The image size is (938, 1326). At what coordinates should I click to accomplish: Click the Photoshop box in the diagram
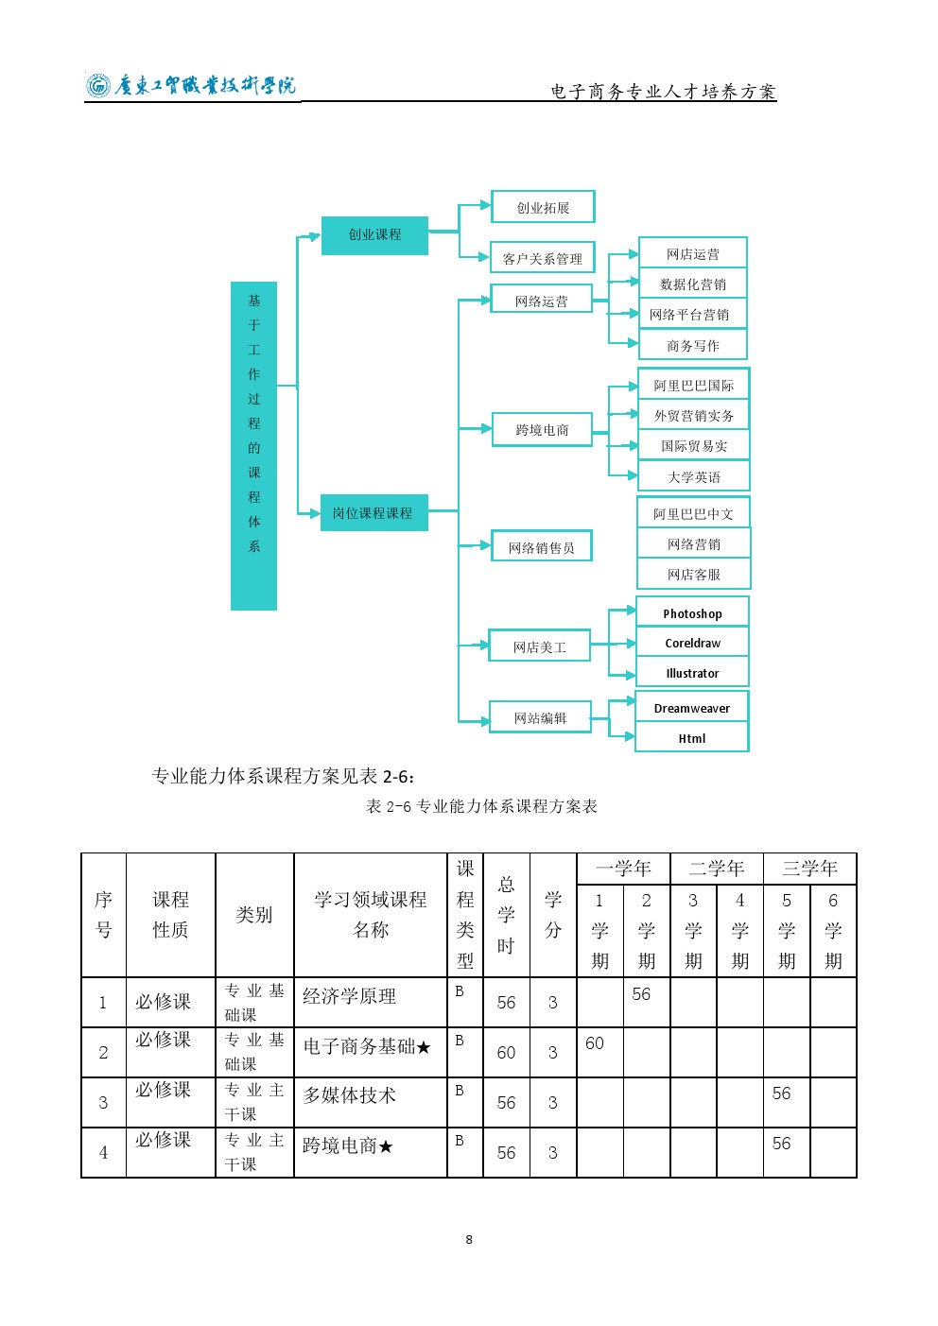click(692, 611)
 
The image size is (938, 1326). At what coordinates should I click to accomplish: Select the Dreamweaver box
click(691, 706)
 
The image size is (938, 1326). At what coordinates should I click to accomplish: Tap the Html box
click(691, 737)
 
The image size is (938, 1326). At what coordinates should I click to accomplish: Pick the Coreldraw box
click(692, 642)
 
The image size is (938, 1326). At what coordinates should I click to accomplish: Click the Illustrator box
click(692, 672)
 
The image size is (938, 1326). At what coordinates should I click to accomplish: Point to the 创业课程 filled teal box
click(374, 235)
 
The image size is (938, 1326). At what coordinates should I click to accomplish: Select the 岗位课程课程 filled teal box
click(373, 512)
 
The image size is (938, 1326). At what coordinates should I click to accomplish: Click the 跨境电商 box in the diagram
click(542, 429)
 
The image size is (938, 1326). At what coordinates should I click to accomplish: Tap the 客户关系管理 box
click(543, 257)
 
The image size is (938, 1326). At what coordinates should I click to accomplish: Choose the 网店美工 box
click(540, 646)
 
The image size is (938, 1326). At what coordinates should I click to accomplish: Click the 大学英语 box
click(693, 476)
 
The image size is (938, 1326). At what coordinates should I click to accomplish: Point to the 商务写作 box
click(693, 345)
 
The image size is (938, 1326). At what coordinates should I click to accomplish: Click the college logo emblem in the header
click(98, 86)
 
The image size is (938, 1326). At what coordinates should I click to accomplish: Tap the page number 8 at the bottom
click(469, 1240)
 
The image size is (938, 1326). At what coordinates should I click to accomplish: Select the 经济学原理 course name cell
click(370, 1002)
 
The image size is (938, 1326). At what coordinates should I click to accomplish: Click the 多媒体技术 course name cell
click(370, 1102)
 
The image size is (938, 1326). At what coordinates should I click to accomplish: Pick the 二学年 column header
click(717, 869)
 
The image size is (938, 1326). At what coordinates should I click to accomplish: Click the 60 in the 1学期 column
click(595, 1043)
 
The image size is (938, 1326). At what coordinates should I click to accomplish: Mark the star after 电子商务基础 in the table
click(424, 1048)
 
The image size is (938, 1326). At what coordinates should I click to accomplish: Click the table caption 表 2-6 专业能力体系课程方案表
click(481, 805)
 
